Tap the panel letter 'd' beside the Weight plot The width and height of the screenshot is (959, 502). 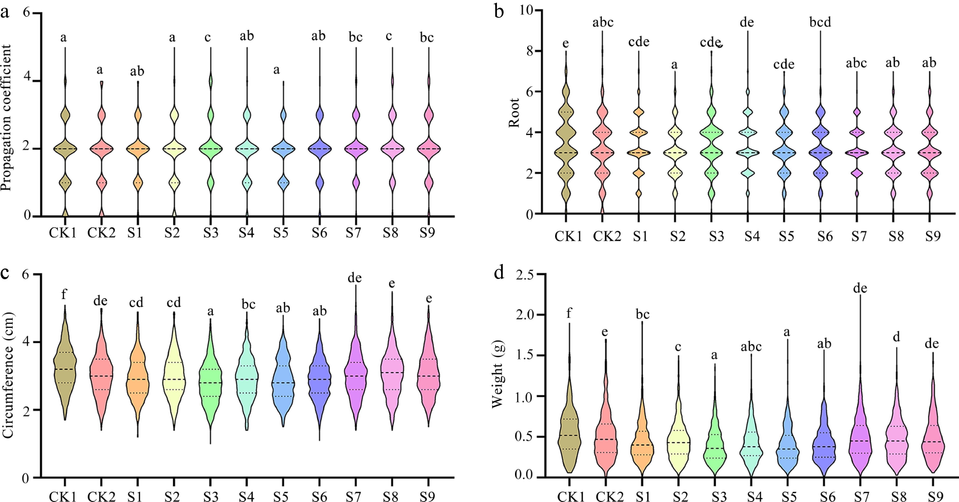point(499,273)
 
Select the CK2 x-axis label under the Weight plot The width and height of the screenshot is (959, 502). point(609,497)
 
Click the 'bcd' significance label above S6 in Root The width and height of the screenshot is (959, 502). point(820,22)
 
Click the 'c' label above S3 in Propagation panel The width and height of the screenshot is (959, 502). point(207,37)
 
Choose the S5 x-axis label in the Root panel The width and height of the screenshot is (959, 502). point(786,236)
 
